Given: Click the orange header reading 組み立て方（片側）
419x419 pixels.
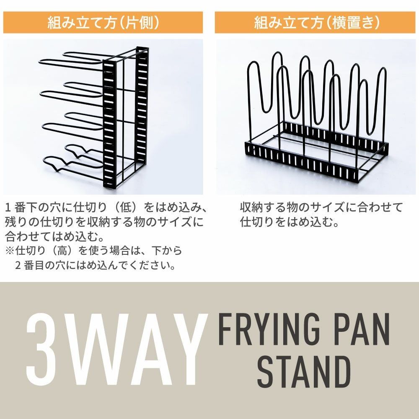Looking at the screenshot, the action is pos(103,23).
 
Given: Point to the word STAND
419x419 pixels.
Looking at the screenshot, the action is pos(304,372).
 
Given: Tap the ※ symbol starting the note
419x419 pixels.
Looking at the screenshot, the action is pos(10,251).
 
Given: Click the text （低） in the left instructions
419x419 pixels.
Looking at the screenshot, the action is pos(125,208).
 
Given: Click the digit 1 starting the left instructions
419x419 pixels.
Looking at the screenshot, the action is pos(8,208).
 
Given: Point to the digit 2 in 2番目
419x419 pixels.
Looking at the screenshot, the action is pos(18,266).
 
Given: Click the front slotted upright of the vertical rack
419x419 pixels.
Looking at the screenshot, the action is pos(109,124).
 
